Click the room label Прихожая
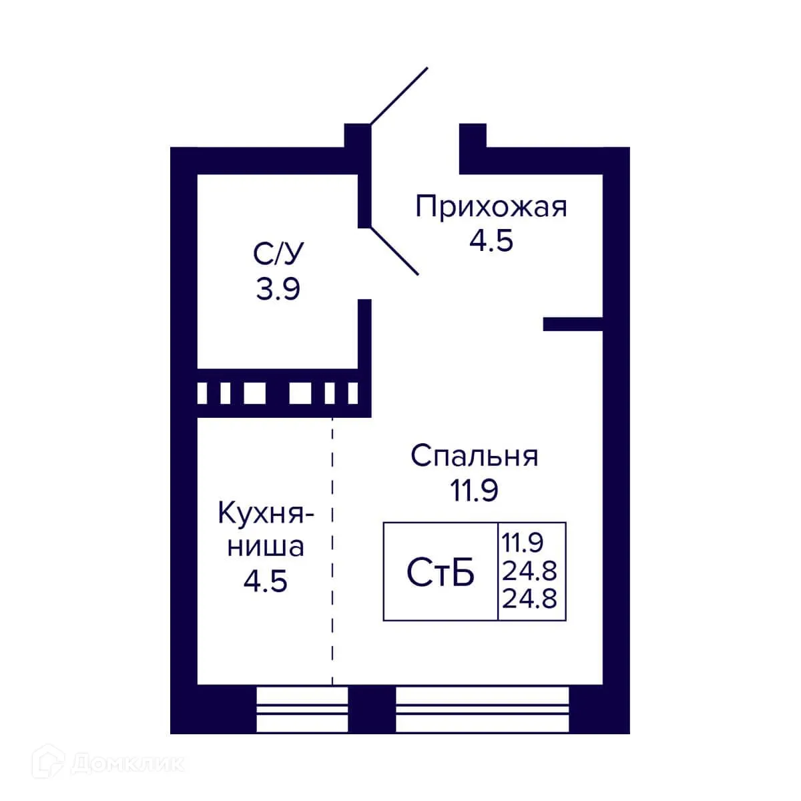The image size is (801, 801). [x=491, y=207]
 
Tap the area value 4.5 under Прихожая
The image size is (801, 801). [x=491, y=241]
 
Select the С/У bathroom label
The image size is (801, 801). [x=278, y=254]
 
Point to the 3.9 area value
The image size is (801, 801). [x=278, y=289]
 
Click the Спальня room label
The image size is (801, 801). [x=474, y=457]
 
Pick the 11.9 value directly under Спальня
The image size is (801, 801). [x=474, y=491]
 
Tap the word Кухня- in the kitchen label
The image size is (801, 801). [x=266, y=515]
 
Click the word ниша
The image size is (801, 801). [x=266, y=547]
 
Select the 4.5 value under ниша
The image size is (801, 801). [x=266, y=581]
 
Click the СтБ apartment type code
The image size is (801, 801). [x=441, y=573]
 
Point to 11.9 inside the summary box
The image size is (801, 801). [x=523, y=543]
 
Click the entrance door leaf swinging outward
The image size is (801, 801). [x=398, y=96]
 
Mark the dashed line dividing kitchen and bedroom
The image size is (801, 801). [x=332, y=547]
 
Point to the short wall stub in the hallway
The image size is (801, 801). [x=573, y=324]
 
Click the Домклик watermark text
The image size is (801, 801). [x=127, y=763]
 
